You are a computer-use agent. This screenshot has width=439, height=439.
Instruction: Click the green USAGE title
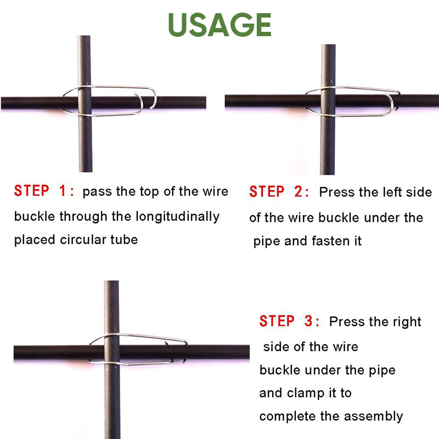[219, 25]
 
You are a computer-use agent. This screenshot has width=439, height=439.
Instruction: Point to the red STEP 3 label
[289, 322]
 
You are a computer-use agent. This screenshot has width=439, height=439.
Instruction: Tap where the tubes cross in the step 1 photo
[85, 103]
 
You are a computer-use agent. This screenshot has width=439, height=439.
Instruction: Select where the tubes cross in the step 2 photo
[328, 101]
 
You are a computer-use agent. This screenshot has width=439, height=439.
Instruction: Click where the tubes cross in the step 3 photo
[112, 352]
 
